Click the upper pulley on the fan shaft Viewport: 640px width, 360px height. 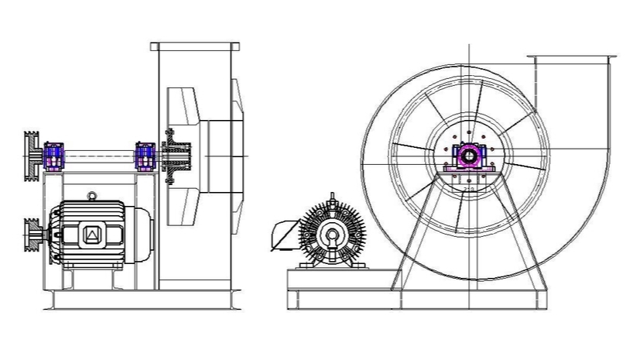(x=33, y=155)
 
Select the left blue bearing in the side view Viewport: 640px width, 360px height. (x=54, y=156)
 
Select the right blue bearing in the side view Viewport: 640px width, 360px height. (x=145, y=156)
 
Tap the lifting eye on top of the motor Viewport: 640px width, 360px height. (x=92, y=196)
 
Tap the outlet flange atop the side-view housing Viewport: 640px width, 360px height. (x=195, y=46)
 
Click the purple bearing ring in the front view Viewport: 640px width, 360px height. (x=467, y=156)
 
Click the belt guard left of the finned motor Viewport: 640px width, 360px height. (x=284, y=235)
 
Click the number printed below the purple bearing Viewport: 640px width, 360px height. (x=467, y=188)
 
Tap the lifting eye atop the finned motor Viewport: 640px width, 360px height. (x=333, y=198)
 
